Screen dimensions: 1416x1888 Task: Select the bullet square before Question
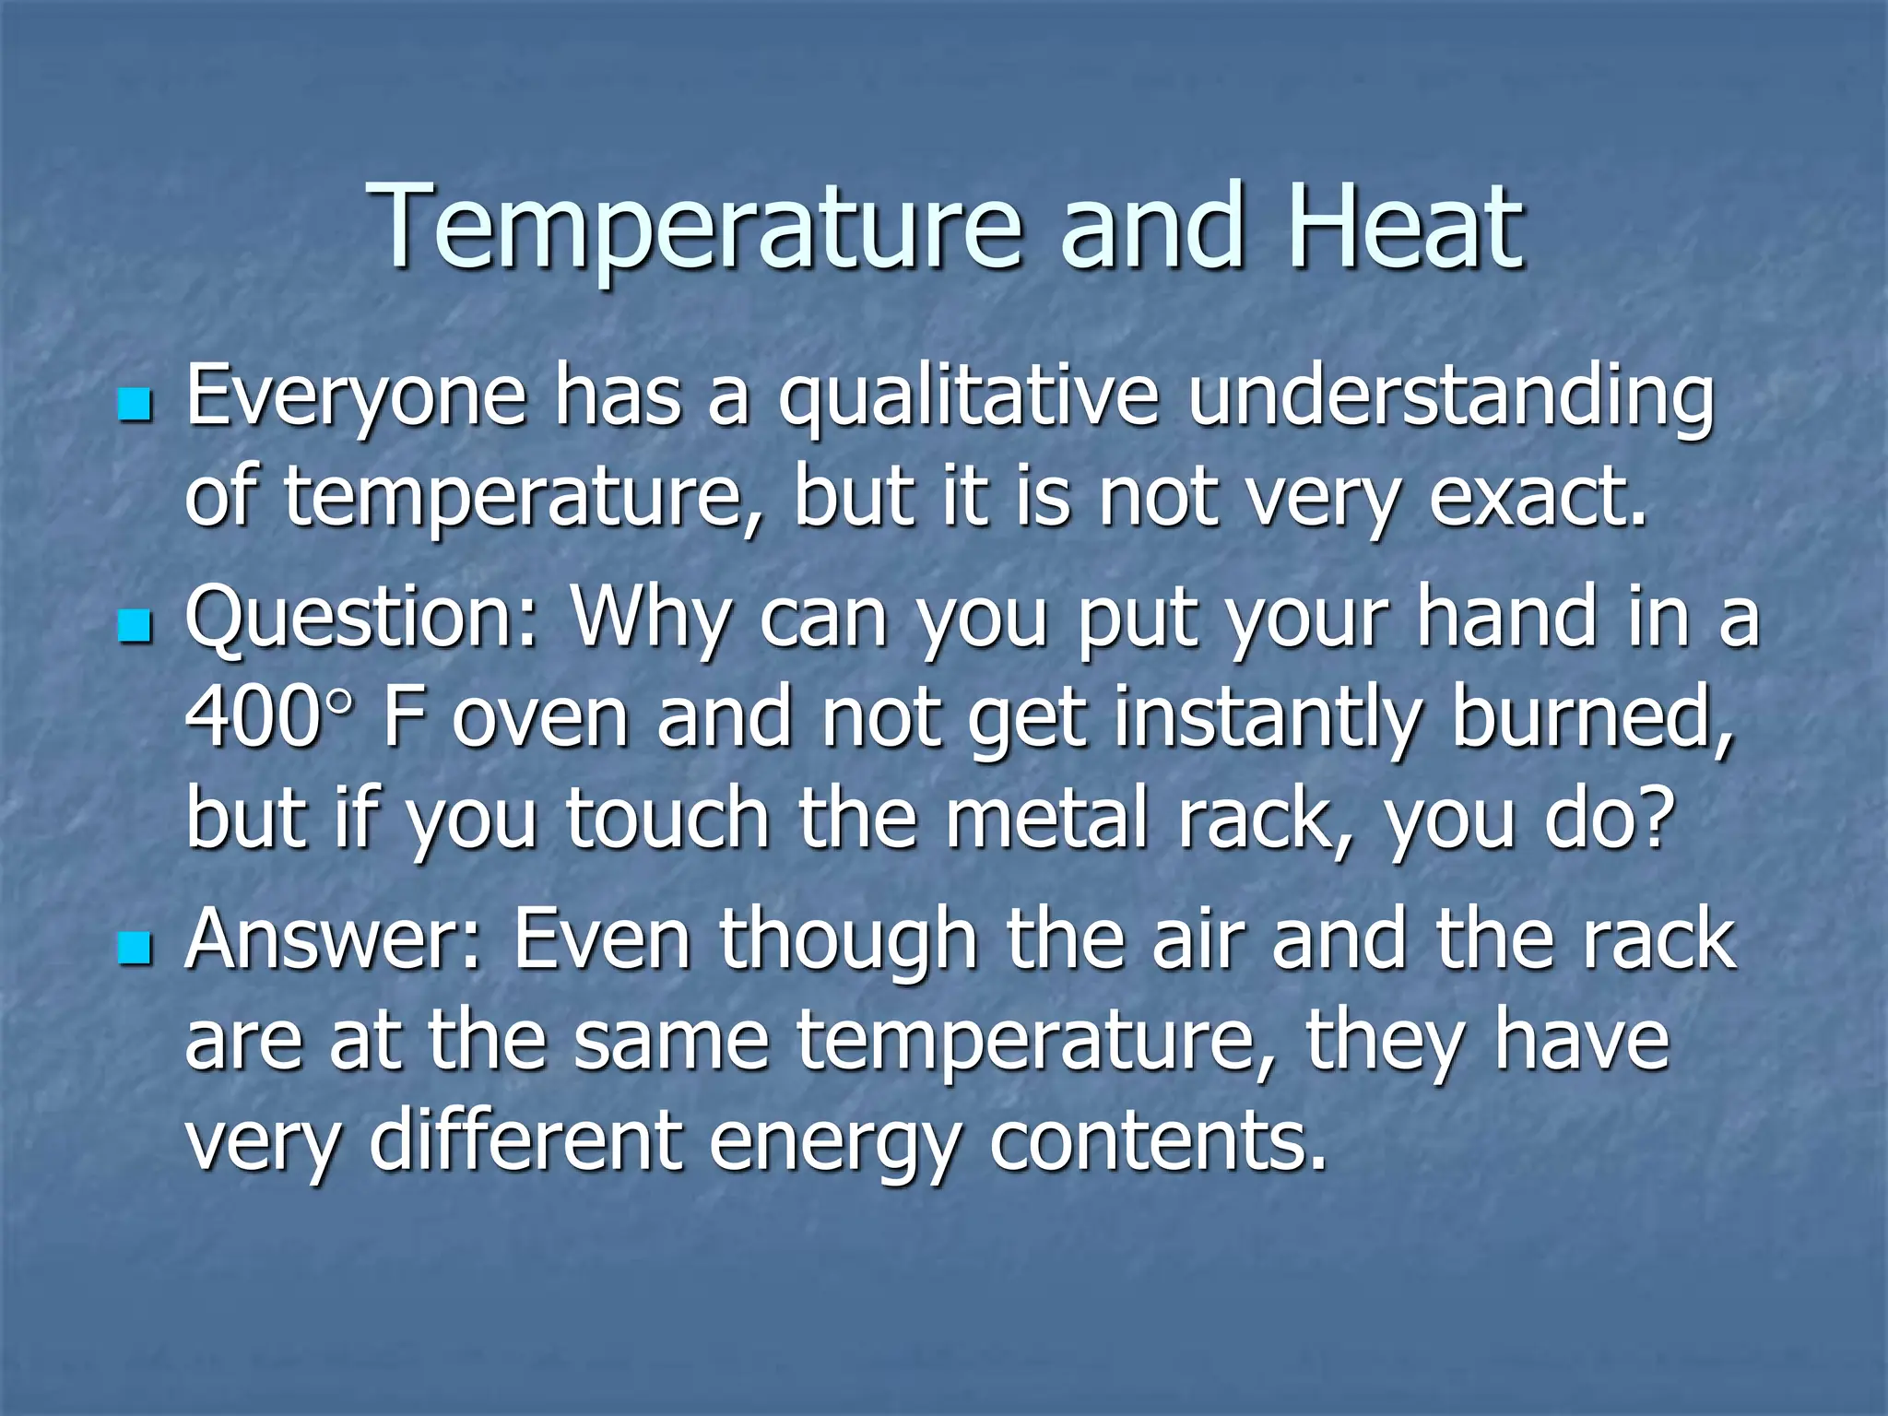click(135, 627)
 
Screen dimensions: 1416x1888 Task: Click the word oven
click(540, 720)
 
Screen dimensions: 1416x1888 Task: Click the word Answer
click(333, 940)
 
